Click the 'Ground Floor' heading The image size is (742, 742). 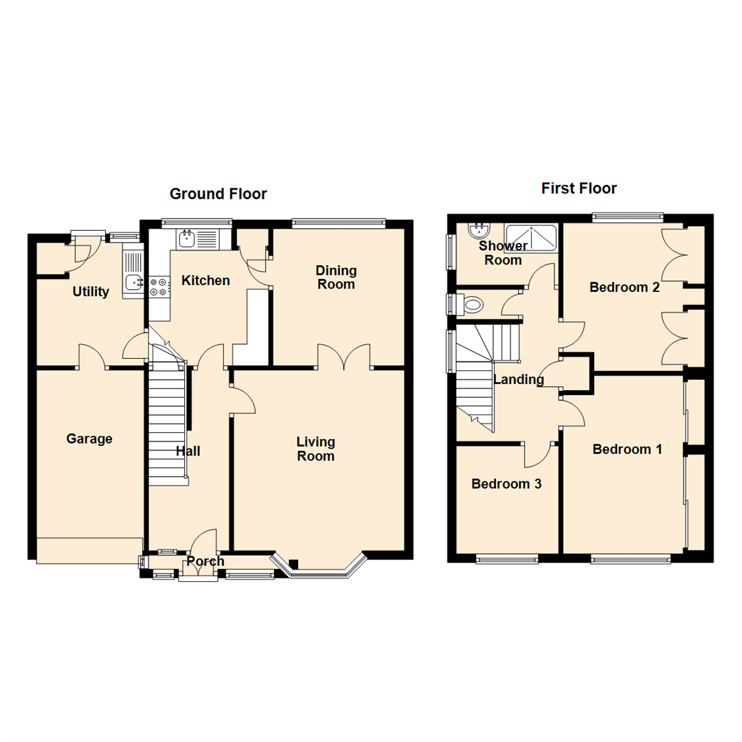click(218, 194)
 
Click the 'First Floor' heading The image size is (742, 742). click(578, 188)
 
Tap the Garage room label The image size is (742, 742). click(89, 438)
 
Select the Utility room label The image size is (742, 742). click(91, 292)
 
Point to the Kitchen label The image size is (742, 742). click(205, 280)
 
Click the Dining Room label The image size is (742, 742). click(336, 277)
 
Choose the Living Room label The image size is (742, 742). click(315, 449)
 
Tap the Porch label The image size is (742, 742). click(205, 561)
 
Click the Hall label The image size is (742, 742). click(188, 451)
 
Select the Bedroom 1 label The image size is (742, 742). click(627, 449)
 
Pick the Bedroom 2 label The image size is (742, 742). click(625, 288)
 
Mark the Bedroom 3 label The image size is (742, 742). click(506, 484)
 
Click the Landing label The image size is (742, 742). click(519, 379)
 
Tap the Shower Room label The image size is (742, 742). click(504, 253)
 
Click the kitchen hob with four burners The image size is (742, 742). click(159, 286)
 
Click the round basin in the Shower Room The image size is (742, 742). click(478, 229)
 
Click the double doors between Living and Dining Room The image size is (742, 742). click(344, 357)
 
